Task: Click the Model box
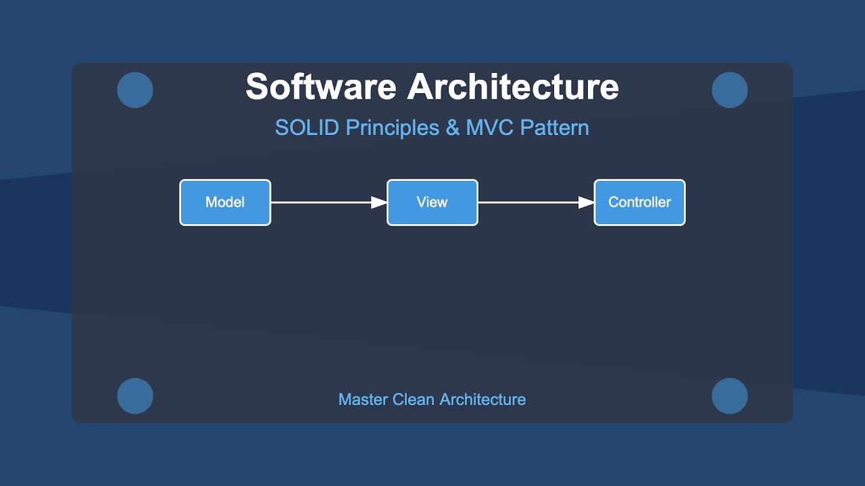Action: (x=225, y=202)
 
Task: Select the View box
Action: (x=432, y=202)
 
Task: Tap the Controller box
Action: (x=639, y=202)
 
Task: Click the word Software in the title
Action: (x=321, y=87)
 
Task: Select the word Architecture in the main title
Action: (x=513, y=87)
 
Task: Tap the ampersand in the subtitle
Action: (x=452, y=128)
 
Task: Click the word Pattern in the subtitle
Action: (x=555, y=128)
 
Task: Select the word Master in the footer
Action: (x=362, y=400)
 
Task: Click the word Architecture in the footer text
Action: (x=483, y=400)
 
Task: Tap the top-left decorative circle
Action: (x=135, y=90)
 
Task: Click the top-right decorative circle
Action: (x=730, y=90)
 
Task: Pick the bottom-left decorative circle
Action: (x=135, y=396)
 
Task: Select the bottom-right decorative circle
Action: (x=730, y=396)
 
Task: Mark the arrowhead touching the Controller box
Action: (x=587, y=202)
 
